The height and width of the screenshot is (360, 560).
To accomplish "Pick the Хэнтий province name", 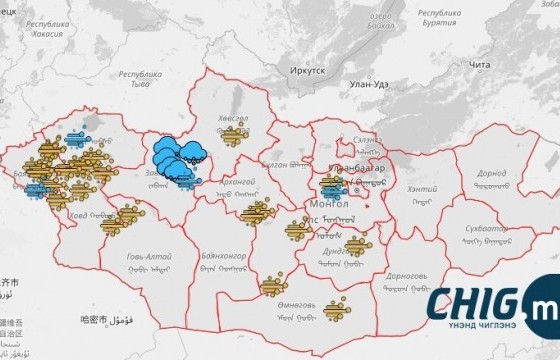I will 424,189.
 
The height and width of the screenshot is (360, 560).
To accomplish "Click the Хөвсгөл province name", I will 231,120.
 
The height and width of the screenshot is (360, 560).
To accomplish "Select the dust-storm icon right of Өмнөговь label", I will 337,309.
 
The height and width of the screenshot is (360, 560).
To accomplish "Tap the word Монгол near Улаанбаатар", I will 324,204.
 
